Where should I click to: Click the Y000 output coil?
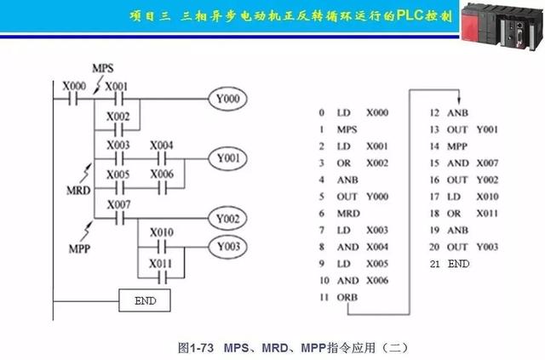228,100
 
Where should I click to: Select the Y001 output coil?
228,158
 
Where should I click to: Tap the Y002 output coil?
228,218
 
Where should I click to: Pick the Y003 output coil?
228,247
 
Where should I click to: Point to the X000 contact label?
73,85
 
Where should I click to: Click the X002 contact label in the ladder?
118,116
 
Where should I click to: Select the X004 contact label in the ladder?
162,144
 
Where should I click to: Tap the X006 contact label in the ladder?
162,173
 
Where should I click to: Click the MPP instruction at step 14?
458,146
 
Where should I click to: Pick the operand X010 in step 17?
486,197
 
